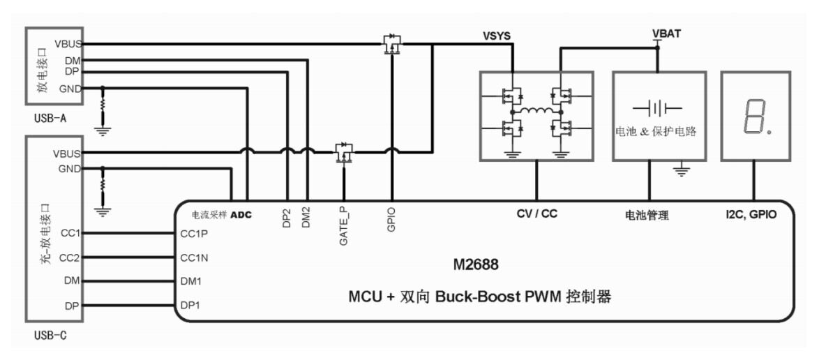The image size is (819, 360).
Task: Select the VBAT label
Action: pos(667,33)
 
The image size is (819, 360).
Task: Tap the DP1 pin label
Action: pos(190,305)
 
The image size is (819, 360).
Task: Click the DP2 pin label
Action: pos(287,219)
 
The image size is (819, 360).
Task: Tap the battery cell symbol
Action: pos(657,108)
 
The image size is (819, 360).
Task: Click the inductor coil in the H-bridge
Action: pos(536,112)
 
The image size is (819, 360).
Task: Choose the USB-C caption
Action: pos(51,336)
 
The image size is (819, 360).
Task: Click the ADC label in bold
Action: pos(241,214)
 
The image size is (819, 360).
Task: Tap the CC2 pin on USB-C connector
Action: pos(71,257)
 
